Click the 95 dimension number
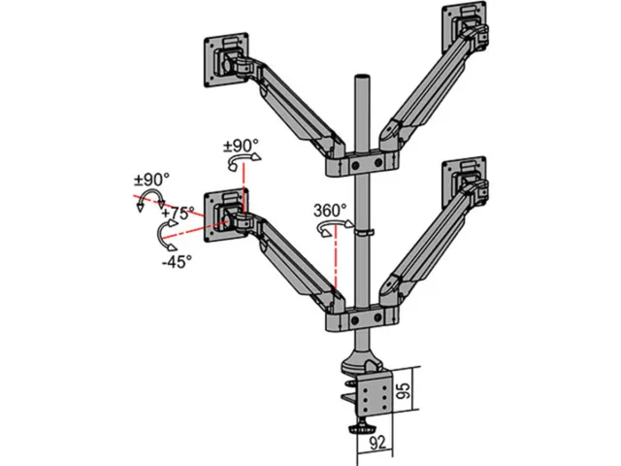(404, 390)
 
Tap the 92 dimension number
(377, 443)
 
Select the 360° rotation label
(330, 210)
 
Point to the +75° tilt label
(178, 213)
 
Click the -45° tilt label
(177, 261)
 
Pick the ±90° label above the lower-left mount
(241, 146)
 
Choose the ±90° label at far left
(151, 180)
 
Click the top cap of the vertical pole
(362, 77)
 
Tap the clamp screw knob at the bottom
(362, 429)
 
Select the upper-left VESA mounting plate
(226, 60)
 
